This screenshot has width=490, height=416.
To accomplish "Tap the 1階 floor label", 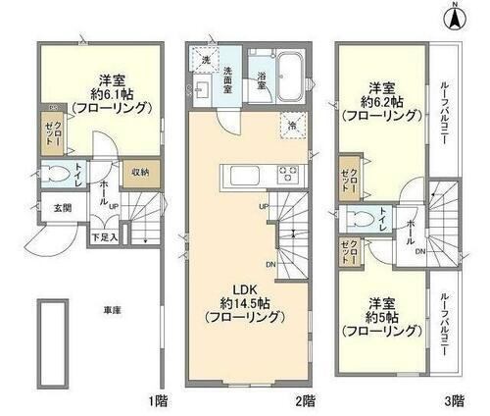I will tap(158, 400).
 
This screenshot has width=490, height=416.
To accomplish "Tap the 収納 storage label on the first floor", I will tap(139, 173).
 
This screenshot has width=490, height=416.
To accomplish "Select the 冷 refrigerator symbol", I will tap(292, 124).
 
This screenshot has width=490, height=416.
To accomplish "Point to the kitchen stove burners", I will tap(290, 174).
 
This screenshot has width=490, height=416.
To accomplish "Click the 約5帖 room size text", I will tap(383, 316).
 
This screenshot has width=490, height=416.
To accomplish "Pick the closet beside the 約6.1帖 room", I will tap(53, 131).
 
